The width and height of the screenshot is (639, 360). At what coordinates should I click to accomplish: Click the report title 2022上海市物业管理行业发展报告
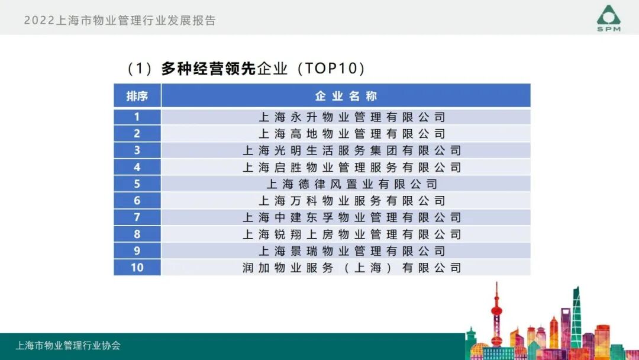(x=120, y=21)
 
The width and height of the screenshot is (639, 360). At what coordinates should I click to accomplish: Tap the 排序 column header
(x=137, y=96)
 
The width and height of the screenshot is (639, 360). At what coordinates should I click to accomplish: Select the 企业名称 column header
(x=346, y=96)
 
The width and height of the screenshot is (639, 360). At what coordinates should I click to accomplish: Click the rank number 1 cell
(x=137, y=117)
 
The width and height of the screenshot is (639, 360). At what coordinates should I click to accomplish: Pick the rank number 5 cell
(x=137, y=184)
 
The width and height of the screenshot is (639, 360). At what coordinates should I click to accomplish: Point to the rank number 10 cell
(x=137, y=268)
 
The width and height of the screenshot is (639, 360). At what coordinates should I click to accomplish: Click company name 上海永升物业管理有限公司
(x=351, y=117)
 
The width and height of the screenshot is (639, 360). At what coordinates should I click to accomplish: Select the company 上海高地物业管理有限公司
(x=351, y=134)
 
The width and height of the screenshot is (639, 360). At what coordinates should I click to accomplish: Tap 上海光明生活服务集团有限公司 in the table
(x=351, y=150)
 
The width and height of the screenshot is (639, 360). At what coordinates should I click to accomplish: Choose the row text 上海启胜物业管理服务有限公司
(x=351, y=168)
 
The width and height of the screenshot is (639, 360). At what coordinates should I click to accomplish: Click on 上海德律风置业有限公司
(x=351, y=184)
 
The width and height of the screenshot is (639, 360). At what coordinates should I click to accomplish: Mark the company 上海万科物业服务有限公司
(x=351, y=201)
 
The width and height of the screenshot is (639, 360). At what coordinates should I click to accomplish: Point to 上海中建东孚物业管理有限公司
(x=351, y=217)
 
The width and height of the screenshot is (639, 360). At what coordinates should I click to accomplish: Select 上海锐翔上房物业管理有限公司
(x=351, y=234)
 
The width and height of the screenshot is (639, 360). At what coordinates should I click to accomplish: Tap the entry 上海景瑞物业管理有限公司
(x=351, y=251)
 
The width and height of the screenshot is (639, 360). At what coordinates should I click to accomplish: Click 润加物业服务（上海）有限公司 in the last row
(x=351, y=268)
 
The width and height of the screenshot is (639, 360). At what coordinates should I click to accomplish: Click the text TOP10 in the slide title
(x=331, y=69)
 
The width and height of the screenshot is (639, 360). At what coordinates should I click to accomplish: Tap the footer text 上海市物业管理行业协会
(x=68, y=346)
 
